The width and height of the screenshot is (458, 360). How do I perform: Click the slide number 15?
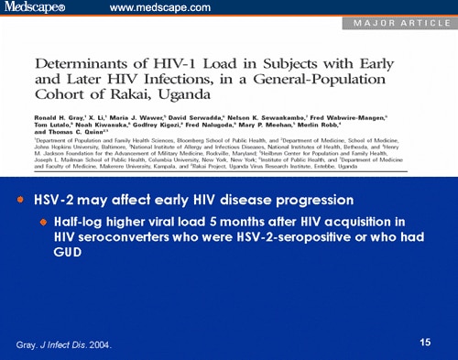425,343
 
